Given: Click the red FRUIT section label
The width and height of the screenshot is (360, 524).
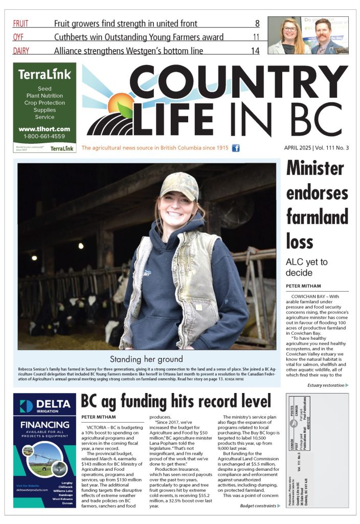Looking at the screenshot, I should click(21, 23).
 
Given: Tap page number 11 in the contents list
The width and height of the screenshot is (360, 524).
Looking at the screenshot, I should click(256, 37).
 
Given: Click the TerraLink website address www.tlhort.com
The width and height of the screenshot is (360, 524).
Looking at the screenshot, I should click(44, 129).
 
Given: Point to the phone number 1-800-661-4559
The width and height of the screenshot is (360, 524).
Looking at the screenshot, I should click(44, 137).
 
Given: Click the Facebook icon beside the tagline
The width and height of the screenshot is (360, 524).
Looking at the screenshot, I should click(236, 148).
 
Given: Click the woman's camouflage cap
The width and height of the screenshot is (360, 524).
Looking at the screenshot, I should click(178, 187).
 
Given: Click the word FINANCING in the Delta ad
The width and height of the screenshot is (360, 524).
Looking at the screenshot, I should click(44, 424).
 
